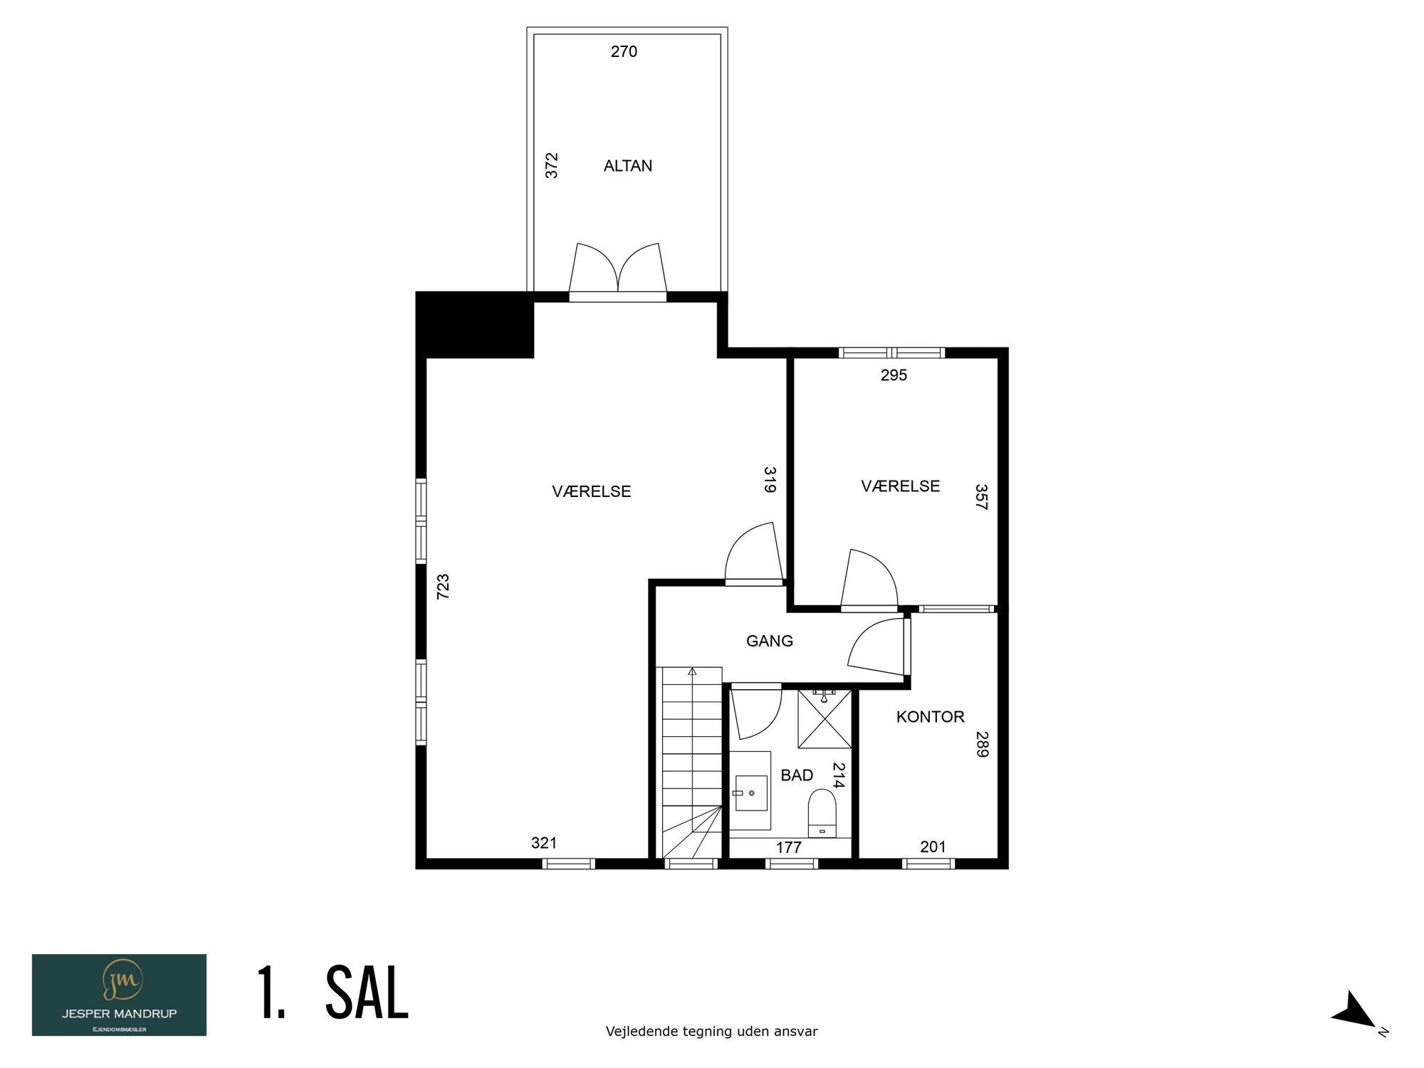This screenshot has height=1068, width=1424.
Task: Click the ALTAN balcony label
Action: [x=628, y=166]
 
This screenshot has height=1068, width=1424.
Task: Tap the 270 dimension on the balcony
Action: [x=624, y=51]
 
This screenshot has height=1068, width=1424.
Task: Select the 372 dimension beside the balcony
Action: [x=552, y=165]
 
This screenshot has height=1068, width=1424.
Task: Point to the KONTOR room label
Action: [x=930, y=717]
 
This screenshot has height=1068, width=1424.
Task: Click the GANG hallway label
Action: [x=770, y=641]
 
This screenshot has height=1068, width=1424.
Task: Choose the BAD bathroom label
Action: [x=797, y=775]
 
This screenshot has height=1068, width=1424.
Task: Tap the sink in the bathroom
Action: [x=750, y=791]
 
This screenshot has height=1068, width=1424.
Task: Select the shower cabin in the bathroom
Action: [x=824, y=718]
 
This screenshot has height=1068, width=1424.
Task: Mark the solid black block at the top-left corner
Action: [x=475, y=325]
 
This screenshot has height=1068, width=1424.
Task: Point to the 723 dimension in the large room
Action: [x=443, y=587]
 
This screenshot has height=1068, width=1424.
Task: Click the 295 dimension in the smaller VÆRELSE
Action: [x=894, y=375]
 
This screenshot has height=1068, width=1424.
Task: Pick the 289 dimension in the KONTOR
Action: [x=982, y=744]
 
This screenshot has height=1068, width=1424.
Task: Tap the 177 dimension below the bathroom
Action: [x=789, y=847]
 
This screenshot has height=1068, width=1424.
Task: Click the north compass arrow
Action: [x=1355, y=1010]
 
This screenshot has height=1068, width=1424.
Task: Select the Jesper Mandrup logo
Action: [x=119, y=995]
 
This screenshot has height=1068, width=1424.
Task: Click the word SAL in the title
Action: [x=367, y=993]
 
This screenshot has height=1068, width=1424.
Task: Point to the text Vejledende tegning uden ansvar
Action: [x=712, y=1031]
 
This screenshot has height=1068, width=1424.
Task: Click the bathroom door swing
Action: [x=757, y=713]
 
